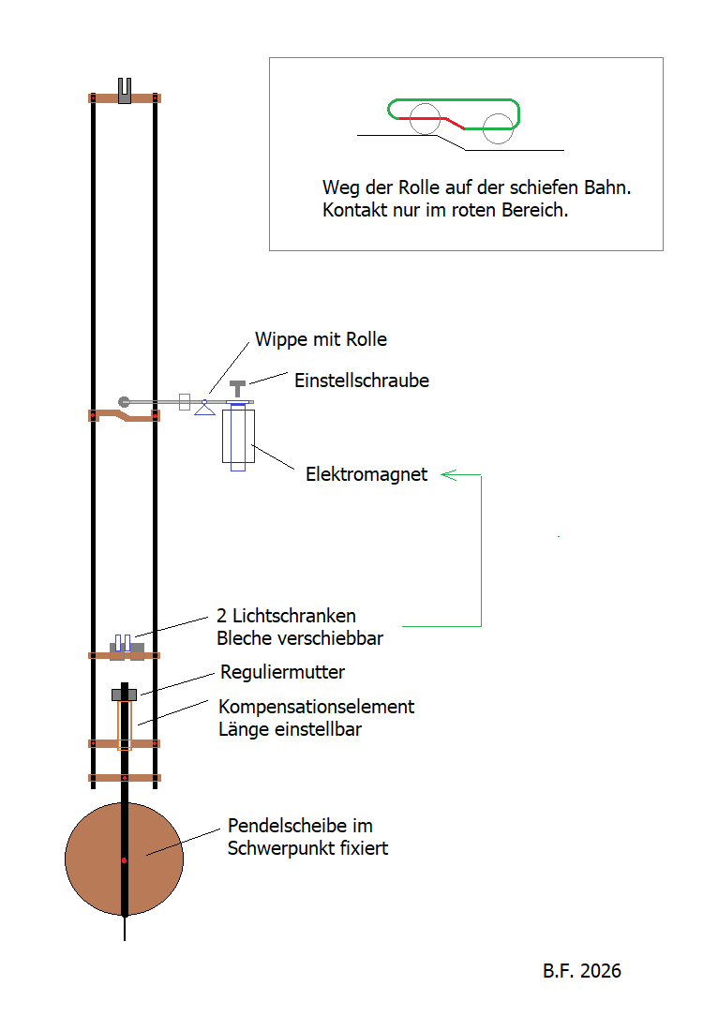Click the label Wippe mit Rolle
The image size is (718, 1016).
321,339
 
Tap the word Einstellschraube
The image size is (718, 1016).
362,381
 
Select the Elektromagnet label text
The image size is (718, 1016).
366,475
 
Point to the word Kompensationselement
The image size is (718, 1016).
316,707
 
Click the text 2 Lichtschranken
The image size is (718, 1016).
286,617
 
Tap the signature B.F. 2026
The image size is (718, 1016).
581,971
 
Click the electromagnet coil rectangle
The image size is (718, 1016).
238,436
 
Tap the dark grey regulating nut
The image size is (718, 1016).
124,694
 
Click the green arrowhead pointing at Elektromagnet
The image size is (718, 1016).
448,475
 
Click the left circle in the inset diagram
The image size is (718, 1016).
425,119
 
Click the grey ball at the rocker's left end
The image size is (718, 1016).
124,402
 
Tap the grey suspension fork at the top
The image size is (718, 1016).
124,89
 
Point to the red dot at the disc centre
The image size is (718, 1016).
124,859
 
